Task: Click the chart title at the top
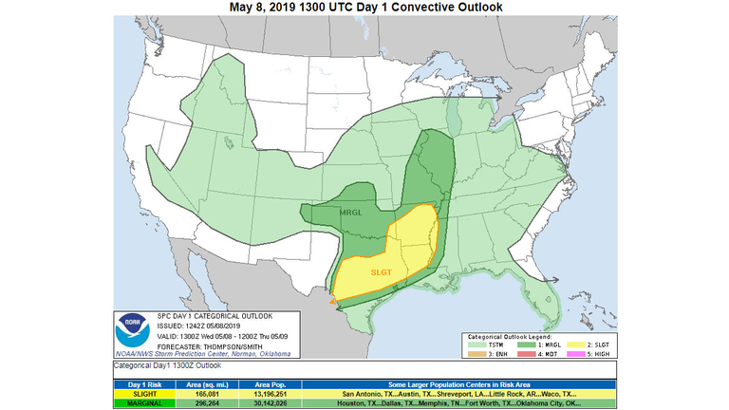pyautogui.click(x=365, y=8)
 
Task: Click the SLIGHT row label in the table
pyautogui.click(x=145, y=393)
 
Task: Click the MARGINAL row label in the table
pyautogui.click(x=145, y=402)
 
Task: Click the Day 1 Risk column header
pyautogui.click(x=145, y=382)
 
